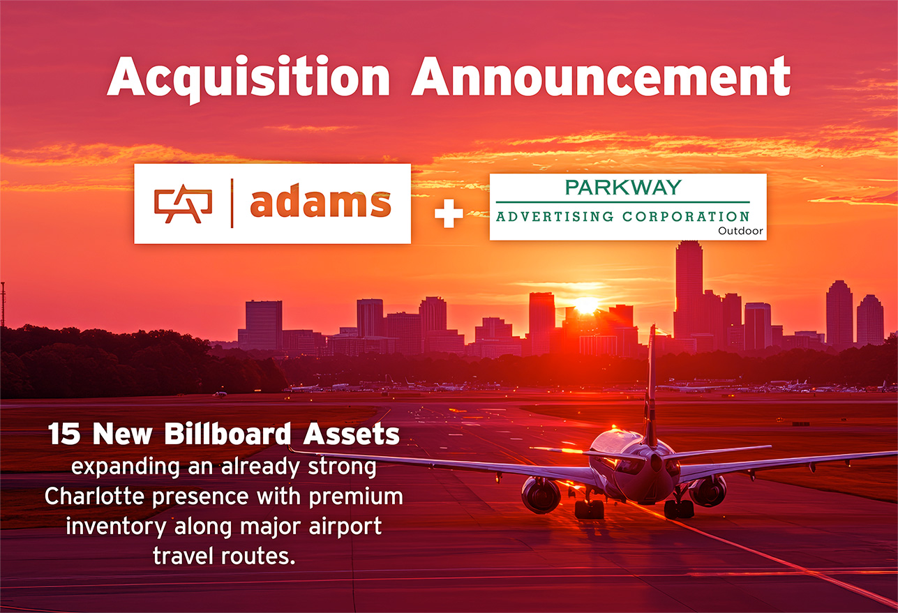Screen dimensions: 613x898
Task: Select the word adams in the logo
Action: click(x=320, y=204)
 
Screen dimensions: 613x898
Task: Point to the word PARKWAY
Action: click(x=623, y=188)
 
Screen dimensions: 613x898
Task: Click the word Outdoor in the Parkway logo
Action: click(x=740, y=231)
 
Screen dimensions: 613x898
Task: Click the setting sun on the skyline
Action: click(x=586, y=305)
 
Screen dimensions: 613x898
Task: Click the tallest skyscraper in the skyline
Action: click(x=688, y=286)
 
